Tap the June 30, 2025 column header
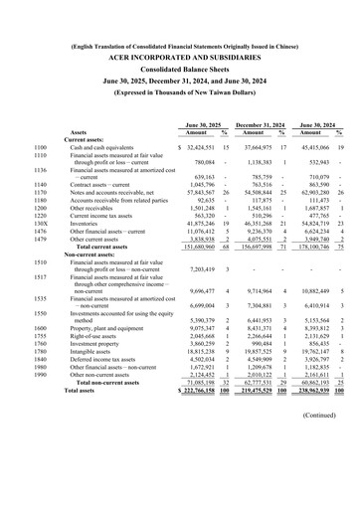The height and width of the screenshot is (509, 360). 196,123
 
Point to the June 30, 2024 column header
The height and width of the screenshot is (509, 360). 317,123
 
